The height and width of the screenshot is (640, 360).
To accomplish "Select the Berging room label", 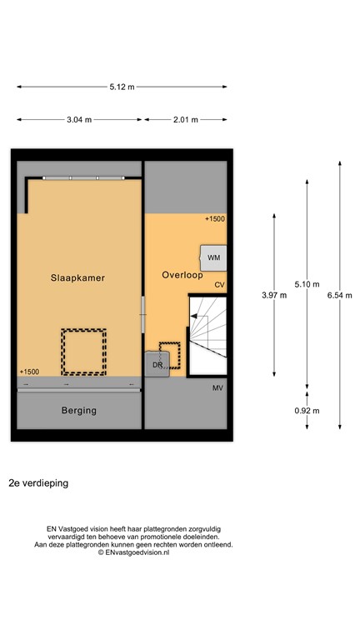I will (x=78, y=410).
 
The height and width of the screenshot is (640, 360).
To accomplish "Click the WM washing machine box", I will (x=212, y=257).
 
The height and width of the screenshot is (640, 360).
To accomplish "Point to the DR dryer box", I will (x=157, y=363).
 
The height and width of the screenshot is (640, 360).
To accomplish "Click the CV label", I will (x=219, y=285).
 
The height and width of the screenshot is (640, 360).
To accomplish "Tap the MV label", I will (x=217, y=389).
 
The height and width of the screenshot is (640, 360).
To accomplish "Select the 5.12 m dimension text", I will (x=122, y=87).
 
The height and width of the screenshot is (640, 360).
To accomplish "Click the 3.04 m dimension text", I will (x=80, y=120).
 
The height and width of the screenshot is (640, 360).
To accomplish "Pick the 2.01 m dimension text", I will (x=184, y=120).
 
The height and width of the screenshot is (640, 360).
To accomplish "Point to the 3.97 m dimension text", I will (x=273, y=295).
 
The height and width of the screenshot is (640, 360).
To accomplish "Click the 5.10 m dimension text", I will (x=307, y=284).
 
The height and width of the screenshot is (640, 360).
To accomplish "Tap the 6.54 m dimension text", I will (x=339, y=295).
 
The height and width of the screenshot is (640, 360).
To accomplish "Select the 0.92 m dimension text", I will (x=307, y=410).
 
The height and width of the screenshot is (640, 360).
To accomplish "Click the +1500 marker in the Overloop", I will (x=215, y=219).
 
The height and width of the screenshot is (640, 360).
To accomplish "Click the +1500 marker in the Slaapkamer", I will (x=28, y=372).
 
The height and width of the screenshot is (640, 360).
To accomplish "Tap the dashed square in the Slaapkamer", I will (x=83, y=351).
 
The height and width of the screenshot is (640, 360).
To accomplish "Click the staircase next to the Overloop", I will (x=206, y=333).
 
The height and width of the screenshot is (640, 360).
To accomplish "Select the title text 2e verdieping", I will (x=38, y=482).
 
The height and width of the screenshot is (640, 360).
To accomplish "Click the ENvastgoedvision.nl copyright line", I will (x=133, y=552).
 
